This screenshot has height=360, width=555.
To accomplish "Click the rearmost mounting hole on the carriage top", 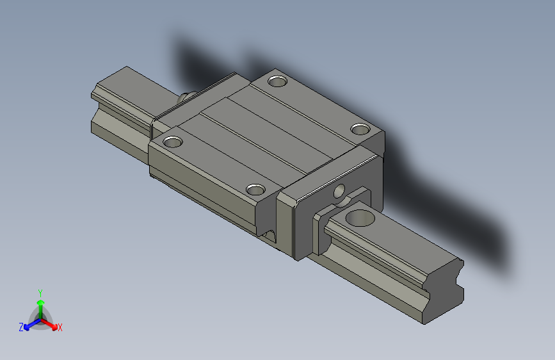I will (x=278, y=81).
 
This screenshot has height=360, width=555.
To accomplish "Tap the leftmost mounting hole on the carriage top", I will (x=173, y=140).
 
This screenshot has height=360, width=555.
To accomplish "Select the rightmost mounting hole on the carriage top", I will (x=361, y=129).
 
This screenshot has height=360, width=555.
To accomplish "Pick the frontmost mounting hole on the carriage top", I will (x=256, y=189).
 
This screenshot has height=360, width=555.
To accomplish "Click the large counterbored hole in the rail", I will (x=360, y=218).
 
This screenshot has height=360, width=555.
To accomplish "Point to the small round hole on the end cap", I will (x=339, y=190).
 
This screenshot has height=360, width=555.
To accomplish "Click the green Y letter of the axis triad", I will (x=40, y=291).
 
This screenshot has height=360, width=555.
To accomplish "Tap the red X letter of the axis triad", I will (x=60, y=327).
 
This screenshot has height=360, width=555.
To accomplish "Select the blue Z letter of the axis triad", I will (x=21, y=327).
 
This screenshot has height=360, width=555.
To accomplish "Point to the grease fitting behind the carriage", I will (x=186, y=97).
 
